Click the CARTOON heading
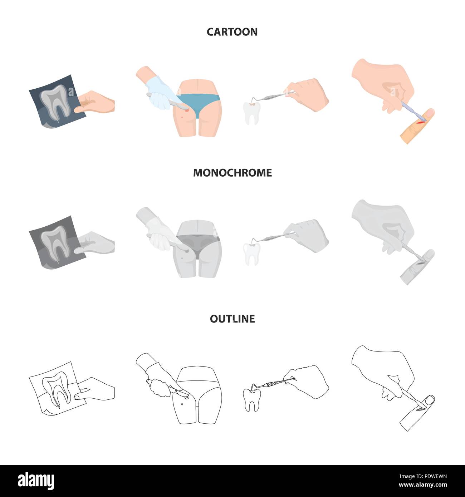pyautogui.click(x=232, y=32)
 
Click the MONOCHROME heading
pyautogui.click(x=232, y=173)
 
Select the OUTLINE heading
pyautogui.click(x=232, y=319)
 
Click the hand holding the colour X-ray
pyautogui.click(x=97, y=102)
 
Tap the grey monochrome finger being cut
pyautogui.click(x=417, y=266)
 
